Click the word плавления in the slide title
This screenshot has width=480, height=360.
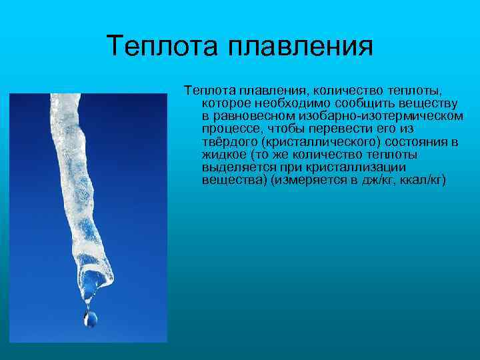point(299,47)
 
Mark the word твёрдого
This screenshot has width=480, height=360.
point(231,142)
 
